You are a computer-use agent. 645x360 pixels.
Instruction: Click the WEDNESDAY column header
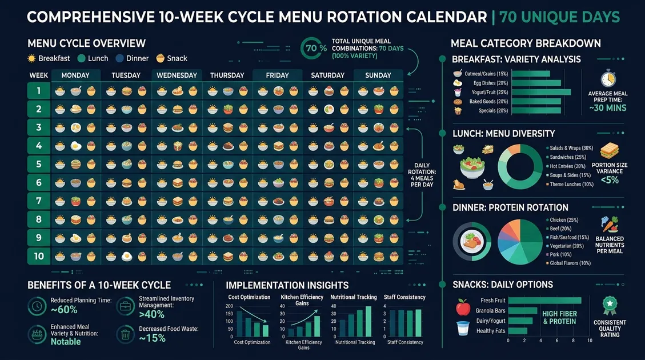tap(177, 75)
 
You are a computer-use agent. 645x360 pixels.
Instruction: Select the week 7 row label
tap(39, 201)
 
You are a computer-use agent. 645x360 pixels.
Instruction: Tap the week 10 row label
tap(39, 255)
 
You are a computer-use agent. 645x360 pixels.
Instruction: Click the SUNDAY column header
tap(378, 75)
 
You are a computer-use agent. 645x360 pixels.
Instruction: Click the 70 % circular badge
tap(316, 49)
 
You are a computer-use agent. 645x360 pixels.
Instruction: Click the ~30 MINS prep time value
tap(607, 108)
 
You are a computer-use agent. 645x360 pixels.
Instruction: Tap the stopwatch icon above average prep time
tap(607, 78)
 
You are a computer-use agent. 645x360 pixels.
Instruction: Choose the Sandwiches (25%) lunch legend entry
tap(566, 157)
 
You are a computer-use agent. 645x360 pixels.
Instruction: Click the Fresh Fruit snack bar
tap(544, 301)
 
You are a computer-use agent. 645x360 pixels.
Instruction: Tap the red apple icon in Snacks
tap(463, 309)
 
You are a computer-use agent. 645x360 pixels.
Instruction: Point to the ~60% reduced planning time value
tap(64, 310)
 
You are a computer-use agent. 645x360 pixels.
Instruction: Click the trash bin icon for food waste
tap(125, 334)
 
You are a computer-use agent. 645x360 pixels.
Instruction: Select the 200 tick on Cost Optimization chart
tap(230, 307)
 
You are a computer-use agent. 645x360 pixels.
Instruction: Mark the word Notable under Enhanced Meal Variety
tap(66, 342)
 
